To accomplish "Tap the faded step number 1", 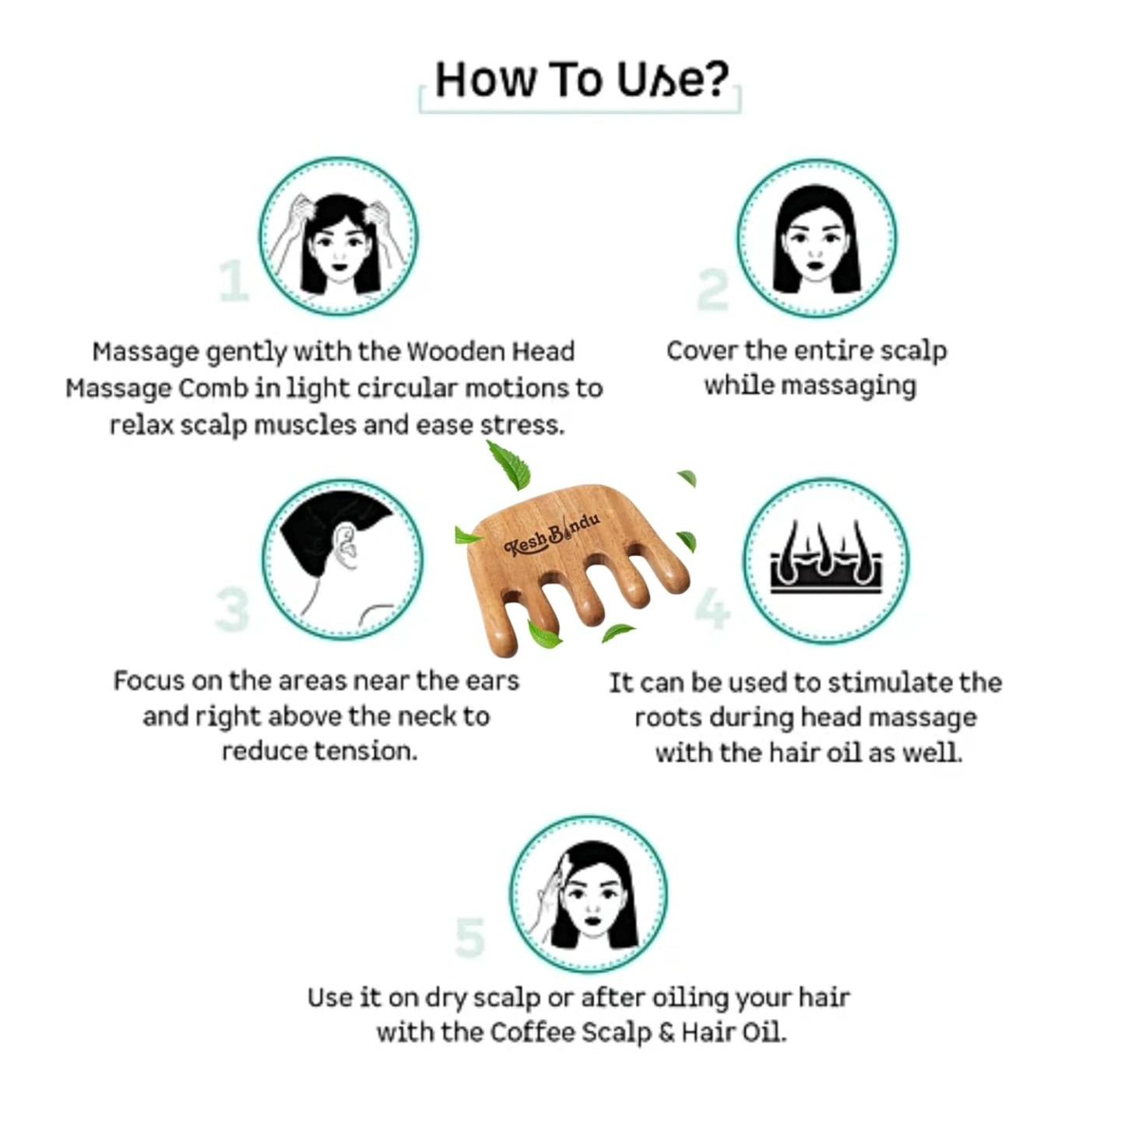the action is (234, 281).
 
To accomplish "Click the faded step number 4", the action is (713, 609).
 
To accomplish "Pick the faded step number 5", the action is (469, 937).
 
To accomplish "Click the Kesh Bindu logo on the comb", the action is (552, 535).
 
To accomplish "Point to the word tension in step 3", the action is (366, 751).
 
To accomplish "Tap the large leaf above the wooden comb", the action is (509, 465).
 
